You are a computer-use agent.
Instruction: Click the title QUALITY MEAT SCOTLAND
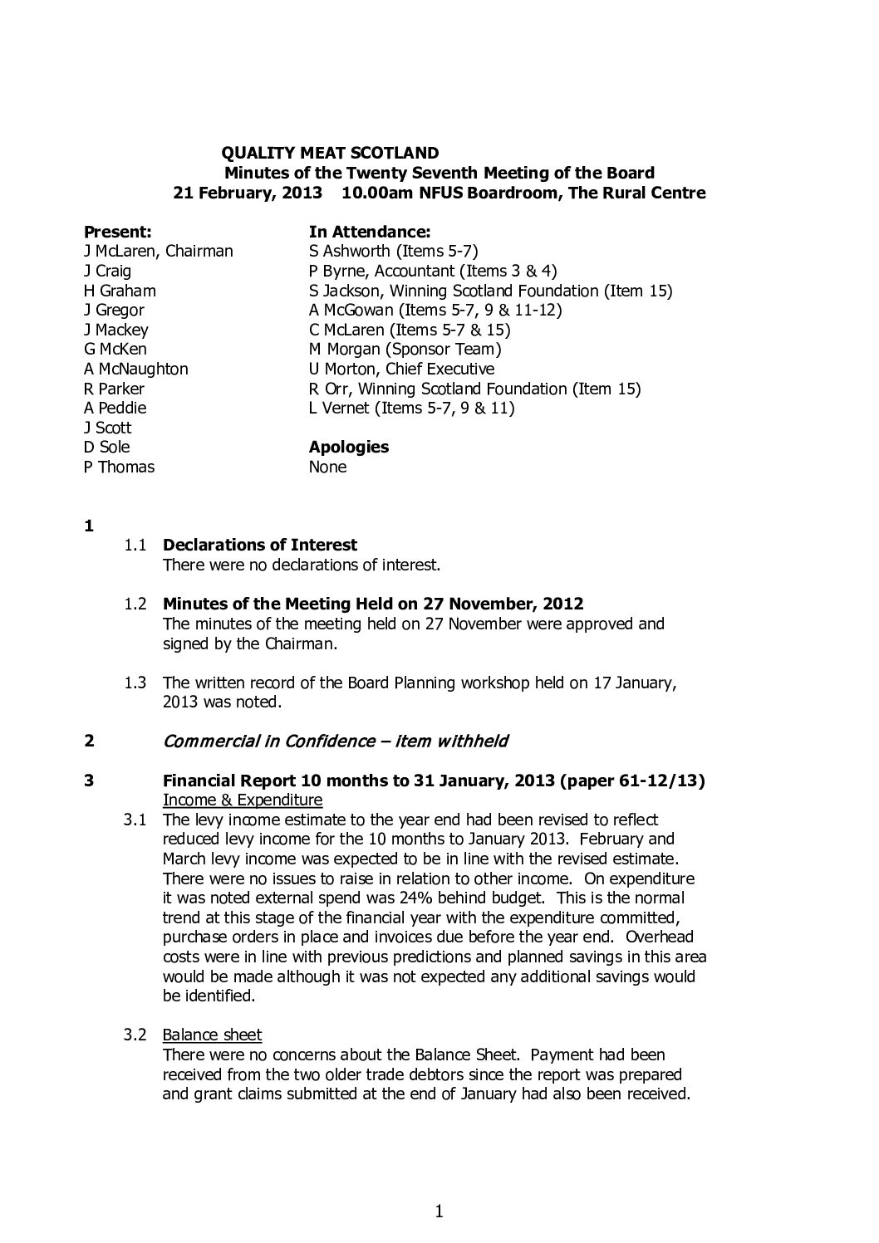330,153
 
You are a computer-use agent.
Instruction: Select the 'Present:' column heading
117,232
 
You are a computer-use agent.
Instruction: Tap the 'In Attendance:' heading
369,232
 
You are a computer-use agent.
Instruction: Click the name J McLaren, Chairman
158,251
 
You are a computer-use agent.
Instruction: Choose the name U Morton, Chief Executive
401,369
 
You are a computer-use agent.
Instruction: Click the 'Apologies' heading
348,447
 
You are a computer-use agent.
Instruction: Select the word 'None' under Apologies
327,467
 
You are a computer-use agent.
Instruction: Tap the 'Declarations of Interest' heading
260,545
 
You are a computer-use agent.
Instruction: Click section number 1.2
135,604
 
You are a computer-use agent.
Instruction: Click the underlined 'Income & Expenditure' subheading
243,800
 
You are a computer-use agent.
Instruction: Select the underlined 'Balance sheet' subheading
212,1035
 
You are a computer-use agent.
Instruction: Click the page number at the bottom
439,1212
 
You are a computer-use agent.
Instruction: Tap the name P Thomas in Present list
119,467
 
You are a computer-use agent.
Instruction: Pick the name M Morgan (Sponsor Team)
405,350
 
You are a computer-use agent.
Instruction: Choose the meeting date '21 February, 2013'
247,193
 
